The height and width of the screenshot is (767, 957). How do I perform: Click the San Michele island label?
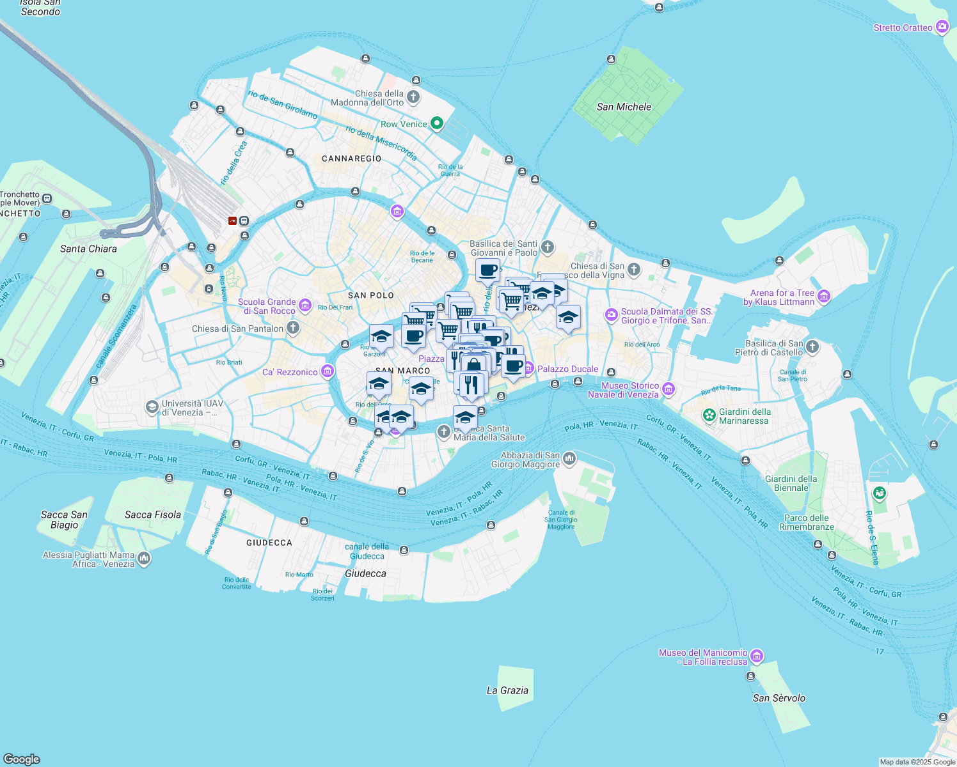[624, 107]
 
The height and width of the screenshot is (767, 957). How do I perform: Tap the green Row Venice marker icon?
[437, 123]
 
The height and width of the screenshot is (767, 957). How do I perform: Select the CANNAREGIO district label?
[351, 159]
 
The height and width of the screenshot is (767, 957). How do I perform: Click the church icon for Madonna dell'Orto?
[413, 97]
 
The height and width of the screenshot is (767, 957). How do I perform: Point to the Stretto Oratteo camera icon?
[942, 27]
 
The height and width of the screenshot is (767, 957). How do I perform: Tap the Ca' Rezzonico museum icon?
[328, 371]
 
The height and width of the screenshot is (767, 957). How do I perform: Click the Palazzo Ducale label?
[567, 369]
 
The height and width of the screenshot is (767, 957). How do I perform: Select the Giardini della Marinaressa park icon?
[709, 415]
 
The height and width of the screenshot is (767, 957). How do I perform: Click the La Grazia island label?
[507, 690]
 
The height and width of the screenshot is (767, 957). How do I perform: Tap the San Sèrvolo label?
[779, 698]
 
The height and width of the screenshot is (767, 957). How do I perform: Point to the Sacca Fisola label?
[153, 515]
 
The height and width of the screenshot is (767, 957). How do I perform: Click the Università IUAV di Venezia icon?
[152, 407]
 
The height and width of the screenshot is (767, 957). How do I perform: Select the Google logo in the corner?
[21, 759]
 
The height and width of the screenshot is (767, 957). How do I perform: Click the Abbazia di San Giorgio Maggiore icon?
[569, 459]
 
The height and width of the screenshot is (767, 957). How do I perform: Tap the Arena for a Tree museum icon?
[823, 296]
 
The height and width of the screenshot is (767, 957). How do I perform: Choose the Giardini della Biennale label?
[791, 483]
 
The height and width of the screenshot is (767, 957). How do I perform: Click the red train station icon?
[232, 221]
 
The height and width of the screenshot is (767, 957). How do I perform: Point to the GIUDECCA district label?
[269, 543]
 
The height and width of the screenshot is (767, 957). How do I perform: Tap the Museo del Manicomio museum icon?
[757, 656]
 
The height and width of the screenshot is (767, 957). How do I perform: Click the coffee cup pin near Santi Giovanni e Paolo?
[488, 270]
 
